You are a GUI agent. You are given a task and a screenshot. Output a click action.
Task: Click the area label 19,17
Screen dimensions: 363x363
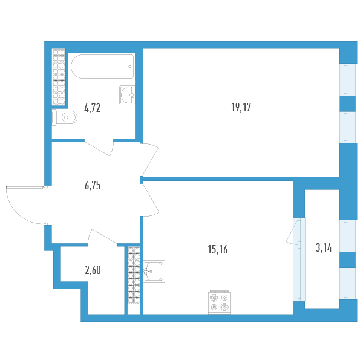point(241,108)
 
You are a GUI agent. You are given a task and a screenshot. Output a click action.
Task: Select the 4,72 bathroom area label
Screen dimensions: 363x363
point(92,109)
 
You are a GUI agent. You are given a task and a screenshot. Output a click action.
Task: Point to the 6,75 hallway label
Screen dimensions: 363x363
point(92,186)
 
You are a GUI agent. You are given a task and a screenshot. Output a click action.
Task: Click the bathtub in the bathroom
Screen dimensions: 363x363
point(102,67)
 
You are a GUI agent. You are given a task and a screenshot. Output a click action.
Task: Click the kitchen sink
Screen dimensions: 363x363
point(155,272)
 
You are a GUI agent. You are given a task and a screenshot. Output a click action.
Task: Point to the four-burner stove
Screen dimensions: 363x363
point(220,302)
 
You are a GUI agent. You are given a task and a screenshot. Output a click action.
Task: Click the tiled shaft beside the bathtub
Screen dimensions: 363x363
point(59,73)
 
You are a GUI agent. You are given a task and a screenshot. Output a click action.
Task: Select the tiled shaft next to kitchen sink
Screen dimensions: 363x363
point(133,278)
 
